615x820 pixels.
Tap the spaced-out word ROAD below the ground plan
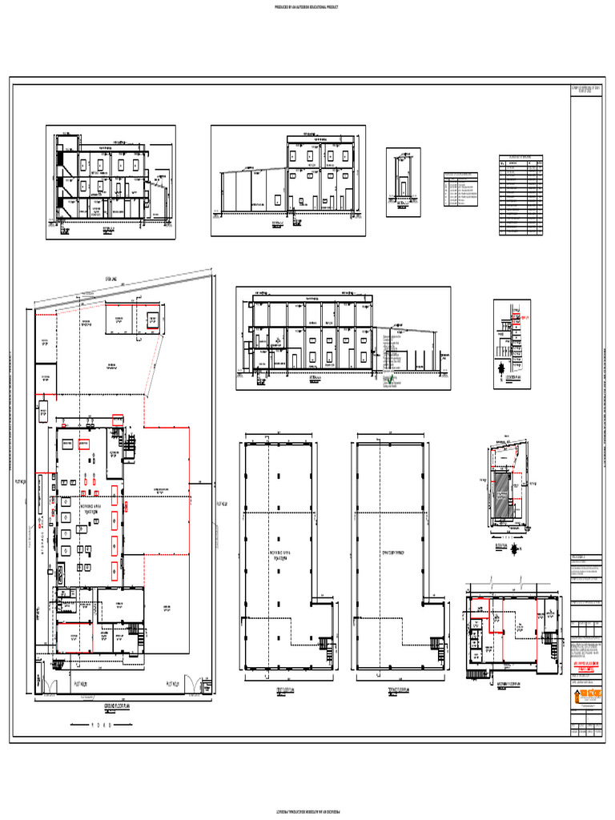(104, 726)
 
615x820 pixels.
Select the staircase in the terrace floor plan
(437, 644)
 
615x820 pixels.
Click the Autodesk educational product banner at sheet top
(307, 6)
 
